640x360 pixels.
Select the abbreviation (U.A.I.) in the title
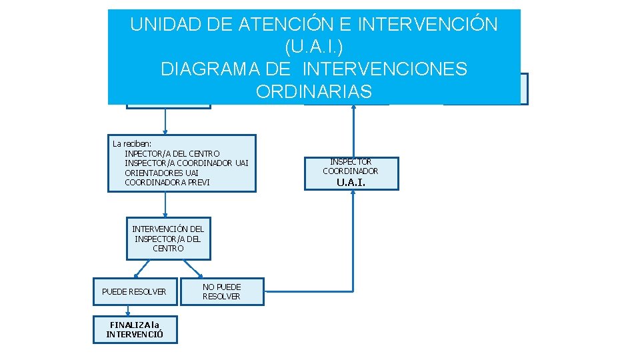[x=313, y=47]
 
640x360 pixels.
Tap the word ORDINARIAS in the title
[x=313, y=91]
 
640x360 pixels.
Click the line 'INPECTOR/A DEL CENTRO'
[x=172, y=153]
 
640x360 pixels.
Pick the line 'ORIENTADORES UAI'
[x=161, y=172]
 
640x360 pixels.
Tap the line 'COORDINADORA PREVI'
[x=167, y=181]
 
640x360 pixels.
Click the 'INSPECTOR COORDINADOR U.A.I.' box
[x=351, y=173]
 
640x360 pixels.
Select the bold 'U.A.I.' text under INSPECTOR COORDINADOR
[x=351, y=182]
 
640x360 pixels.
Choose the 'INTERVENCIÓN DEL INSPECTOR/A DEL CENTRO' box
[x=168, y=238]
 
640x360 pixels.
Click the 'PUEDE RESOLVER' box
[x=135, y=291]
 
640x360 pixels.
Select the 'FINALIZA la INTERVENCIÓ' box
[x=135, y=329]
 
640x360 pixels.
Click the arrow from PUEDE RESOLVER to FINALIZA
[x=127, y=310]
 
